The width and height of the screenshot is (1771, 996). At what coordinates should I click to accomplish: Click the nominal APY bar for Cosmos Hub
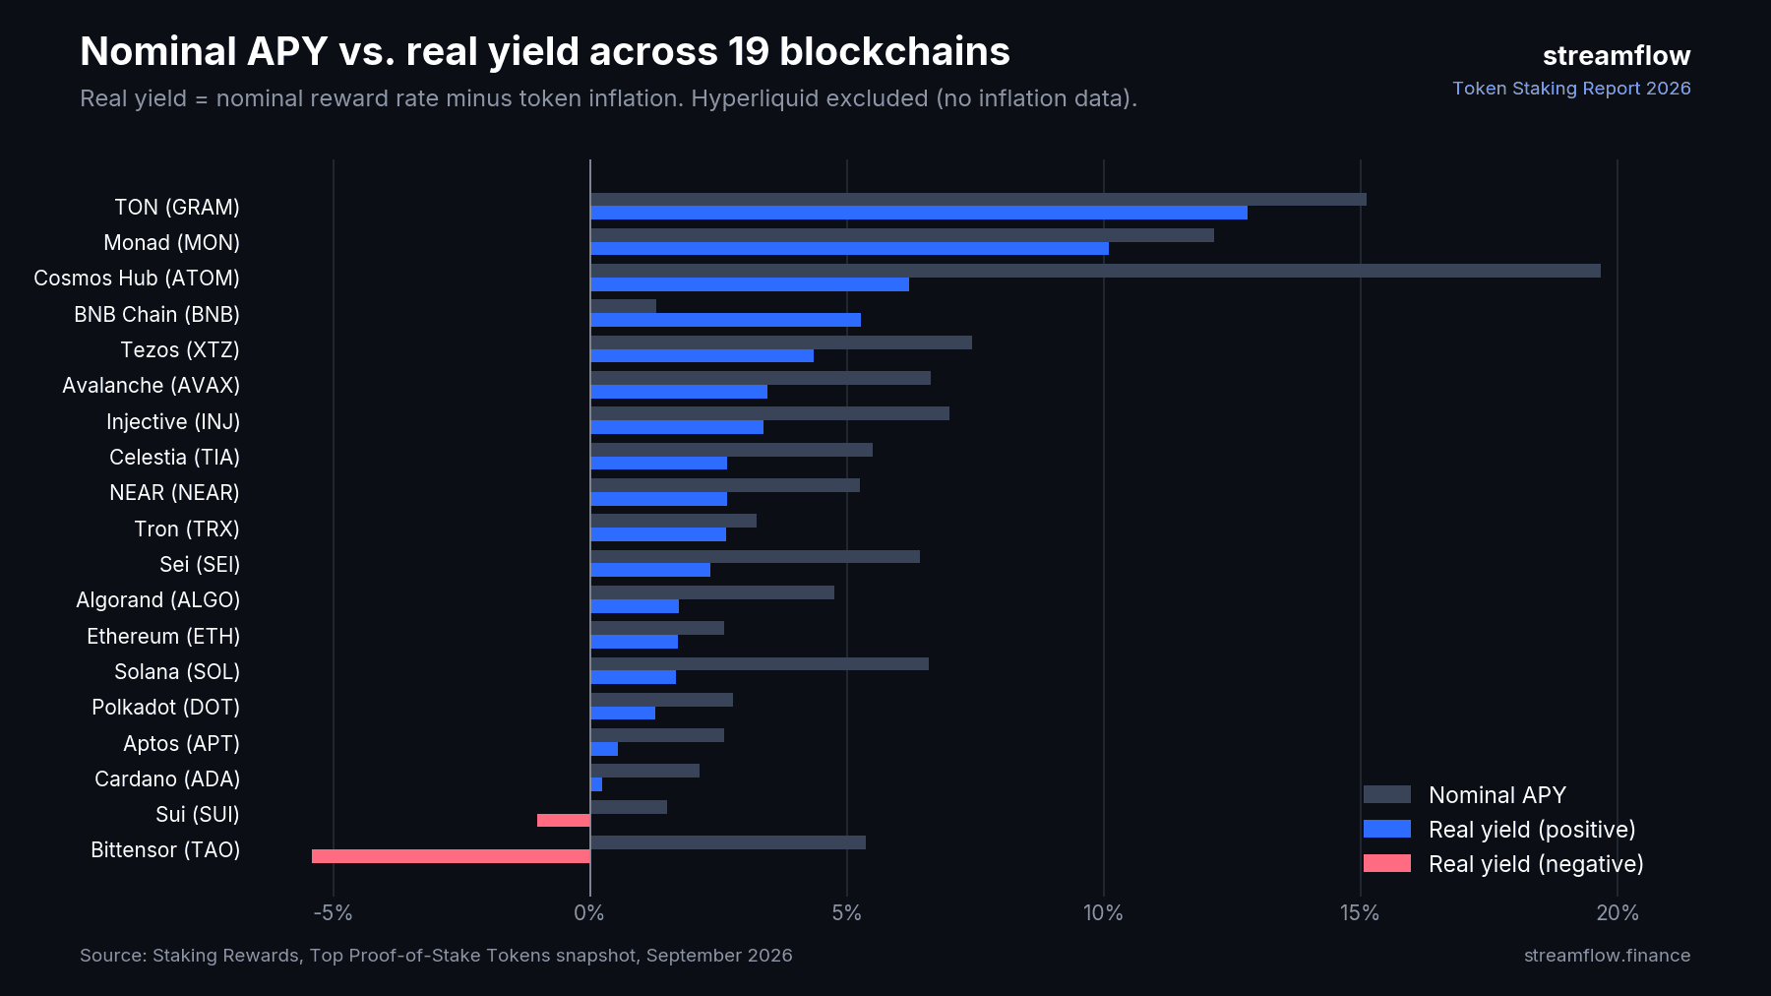[x=1095, y=271]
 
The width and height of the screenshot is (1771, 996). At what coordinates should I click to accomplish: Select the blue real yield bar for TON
[x=919, y=213]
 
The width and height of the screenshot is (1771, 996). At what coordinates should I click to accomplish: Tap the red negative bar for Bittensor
[x=451, y=856]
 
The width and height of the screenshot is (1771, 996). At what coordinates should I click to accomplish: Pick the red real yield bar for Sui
[x=564, y=821]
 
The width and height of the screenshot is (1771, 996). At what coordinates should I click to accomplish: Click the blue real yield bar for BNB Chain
[x=725, y=320]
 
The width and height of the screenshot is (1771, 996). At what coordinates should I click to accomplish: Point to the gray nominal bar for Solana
[x=760, y=663]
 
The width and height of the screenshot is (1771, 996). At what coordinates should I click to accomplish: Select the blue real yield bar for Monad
[x=849, y=248]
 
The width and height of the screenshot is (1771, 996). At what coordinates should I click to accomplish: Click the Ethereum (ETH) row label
[x=163, y=637]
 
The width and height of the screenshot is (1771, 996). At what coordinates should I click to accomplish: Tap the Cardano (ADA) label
[x=167, y=779]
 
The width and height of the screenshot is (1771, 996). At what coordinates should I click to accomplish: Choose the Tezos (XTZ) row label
[x=180, y=350]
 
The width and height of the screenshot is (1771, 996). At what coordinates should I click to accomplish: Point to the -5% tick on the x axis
[x=333, y=913]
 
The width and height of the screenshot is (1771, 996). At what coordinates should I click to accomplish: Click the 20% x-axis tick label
[x=1618, y=913]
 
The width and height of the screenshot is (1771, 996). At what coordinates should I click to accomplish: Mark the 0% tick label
[x=589, y=913]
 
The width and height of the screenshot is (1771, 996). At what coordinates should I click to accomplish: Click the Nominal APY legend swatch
[x=1387, y=794]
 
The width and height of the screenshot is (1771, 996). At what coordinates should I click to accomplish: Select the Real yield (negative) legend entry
[x=1503, y=864]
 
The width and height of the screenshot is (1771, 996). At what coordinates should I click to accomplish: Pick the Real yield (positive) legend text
[x=1532, y=830]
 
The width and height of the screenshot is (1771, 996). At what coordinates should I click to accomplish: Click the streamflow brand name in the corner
[x=1617, y=56]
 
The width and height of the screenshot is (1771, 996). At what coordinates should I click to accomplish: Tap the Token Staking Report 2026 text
[x=1571, y=89]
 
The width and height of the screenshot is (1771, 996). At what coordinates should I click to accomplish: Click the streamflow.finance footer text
[x=1607, y=956]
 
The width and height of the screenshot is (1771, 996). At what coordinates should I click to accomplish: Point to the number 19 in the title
[x=748, y=52]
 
